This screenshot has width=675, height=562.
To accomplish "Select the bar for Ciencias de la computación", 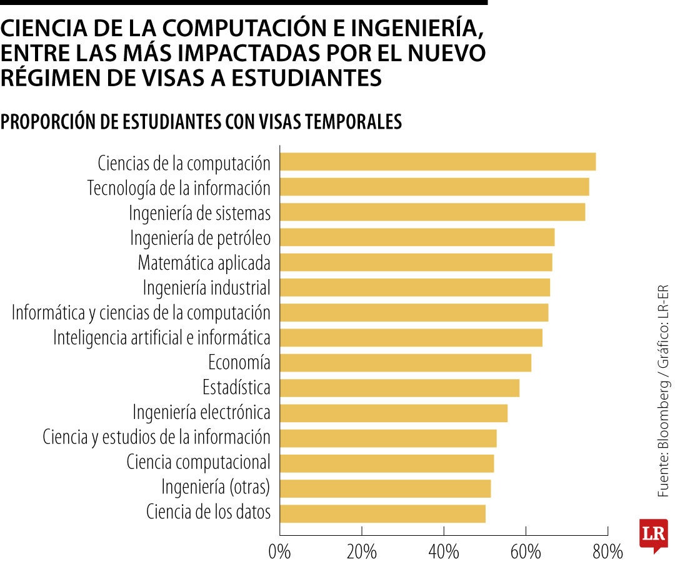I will coord(437,162).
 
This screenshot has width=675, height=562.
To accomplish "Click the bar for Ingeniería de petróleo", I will coord(417,237).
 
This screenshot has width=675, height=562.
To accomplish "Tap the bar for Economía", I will coord(405,363).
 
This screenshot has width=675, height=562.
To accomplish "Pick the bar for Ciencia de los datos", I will coord(382,513).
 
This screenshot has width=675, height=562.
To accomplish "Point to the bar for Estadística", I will coord(399,388).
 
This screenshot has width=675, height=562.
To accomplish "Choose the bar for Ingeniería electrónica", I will coord(393,413).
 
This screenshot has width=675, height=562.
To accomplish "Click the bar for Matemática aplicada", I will coord(416,262).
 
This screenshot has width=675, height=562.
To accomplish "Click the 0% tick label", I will coord(279,552).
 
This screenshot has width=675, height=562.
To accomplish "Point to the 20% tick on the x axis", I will coord(361,552).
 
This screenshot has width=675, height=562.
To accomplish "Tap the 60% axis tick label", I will coord(525,552).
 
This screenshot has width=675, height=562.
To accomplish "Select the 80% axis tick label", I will coord(607,552).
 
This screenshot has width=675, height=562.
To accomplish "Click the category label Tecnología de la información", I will coord(179,188).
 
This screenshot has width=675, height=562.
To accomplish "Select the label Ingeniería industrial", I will coord(206,288).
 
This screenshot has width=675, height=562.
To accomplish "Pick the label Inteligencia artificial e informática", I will coord(162,338).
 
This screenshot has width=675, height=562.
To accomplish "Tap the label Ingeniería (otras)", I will coord(216,487).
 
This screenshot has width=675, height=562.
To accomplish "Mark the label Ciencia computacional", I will coord(198,463).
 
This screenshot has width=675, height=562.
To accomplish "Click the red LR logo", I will coord(653,535).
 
